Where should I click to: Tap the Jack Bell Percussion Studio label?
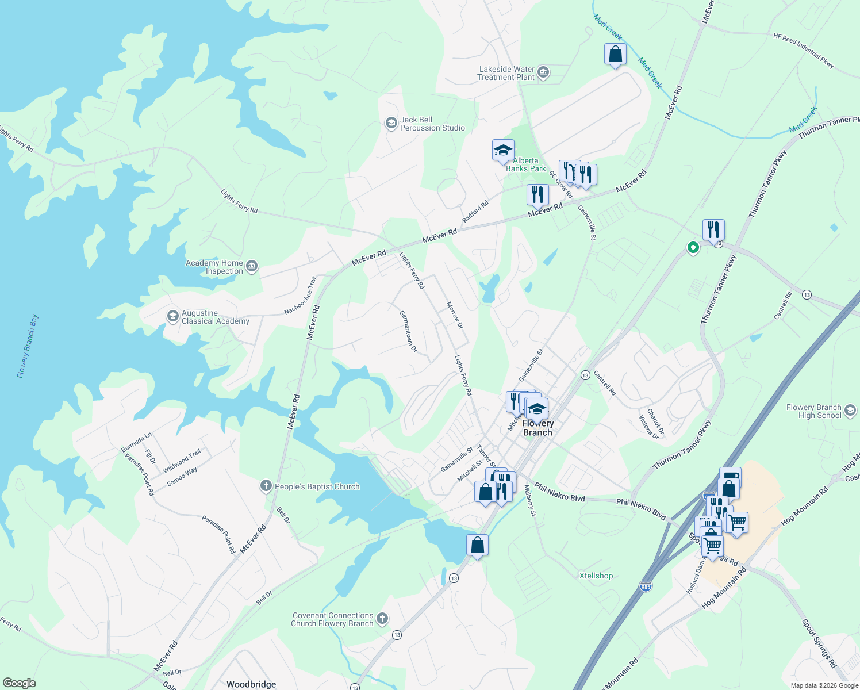click(x=432, y=124)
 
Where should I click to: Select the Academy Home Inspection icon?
click(x=251, y=266)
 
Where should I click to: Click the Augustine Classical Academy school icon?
click(x=172, y=316)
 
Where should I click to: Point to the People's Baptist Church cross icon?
click(x=266, y=486)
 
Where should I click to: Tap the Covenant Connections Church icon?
click(x=382, y=619)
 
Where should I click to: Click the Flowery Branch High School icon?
click(x=850, y=411)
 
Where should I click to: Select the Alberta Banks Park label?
click(x=525, y=165)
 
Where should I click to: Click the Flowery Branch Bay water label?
click(x=28, y=346)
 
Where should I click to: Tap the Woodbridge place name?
click(x=251, y=684)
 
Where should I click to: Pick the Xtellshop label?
click(x=596, y=576)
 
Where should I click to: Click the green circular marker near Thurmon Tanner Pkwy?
click(x=693, y=248)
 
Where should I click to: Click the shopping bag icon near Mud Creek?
click(x=615, y=55)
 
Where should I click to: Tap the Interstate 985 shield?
click(x=646, y=586)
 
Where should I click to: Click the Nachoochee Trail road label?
click(x=301, y=296)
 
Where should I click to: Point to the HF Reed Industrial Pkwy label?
click(x=804, y=51)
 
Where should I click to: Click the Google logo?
click(x=20, y=683)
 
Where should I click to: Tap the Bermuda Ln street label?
click(x=137, y=441)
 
